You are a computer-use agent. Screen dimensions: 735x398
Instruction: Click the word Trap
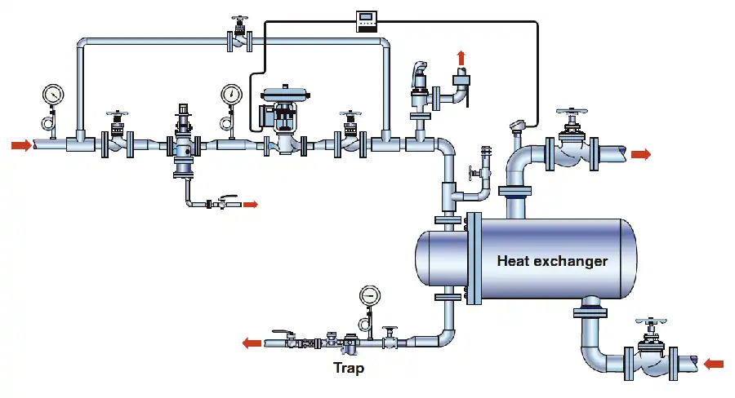click(348, 368)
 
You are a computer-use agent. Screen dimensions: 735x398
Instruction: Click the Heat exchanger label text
click(552, 261)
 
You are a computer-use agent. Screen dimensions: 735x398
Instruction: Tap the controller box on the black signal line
click(366, 21)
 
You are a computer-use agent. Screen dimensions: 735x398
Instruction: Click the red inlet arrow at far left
click(21, 145)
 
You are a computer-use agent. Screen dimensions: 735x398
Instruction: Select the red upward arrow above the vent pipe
click(461, 58)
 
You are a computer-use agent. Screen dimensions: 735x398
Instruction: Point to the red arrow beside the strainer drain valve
click(251, 204)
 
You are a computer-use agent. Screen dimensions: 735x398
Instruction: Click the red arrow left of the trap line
click(252, 343)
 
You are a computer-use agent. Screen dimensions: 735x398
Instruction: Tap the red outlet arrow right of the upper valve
click(641, 154)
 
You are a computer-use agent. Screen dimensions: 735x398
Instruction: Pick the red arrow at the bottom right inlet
click(714, 364)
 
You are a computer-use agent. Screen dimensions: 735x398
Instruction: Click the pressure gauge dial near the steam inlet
click(53, 94)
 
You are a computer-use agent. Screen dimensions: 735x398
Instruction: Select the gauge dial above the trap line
click(370, 295)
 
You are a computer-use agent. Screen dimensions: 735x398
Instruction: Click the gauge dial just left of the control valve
click(231, 94)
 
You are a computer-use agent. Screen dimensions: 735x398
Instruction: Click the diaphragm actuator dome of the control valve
click(286, 94)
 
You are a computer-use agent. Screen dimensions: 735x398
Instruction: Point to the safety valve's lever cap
click(419, 69)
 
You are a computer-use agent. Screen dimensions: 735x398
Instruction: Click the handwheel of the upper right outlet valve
click(572, 112)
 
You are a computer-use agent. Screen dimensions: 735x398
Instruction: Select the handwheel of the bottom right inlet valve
click(651, 321)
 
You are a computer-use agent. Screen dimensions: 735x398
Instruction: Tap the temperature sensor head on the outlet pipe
click(517, 124)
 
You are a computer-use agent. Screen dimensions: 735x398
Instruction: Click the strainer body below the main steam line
click(183, 149)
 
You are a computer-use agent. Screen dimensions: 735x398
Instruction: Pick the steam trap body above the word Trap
click(350, 344)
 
